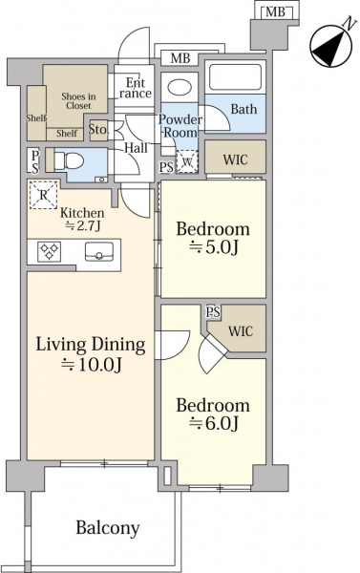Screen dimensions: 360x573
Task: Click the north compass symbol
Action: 330,46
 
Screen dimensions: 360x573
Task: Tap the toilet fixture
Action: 69,160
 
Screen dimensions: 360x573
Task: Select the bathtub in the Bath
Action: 235,76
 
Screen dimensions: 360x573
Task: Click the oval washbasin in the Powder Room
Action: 180,87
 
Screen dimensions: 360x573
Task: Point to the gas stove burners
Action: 49,251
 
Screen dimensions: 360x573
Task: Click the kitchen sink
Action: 99,252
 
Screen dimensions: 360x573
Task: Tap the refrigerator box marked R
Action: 44,195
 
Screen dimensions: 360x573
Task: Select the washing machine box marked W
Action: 187,161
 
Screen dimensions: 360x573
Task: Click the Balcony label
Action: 108,528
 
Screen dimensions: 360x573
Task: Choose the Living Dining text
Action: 91,344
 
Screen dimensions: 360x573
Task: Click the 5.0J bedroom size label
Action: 214,248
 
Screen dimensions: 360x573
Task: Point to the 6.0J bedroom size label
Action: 214,423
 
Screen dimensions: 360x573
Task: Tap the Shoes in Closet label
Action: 78,101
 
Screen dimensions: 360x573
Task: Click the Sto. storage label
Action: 98,129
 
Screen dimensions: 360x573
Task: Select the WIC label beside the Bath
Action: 235,159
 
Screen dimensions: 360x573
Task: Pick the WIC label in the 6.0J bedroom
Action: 241,331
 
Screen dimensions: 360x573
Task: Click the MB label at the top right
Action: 275,12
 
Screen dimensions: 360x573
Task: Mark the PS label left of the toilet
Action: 34,161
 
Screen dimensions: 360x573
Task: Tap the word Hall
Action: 136,148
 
